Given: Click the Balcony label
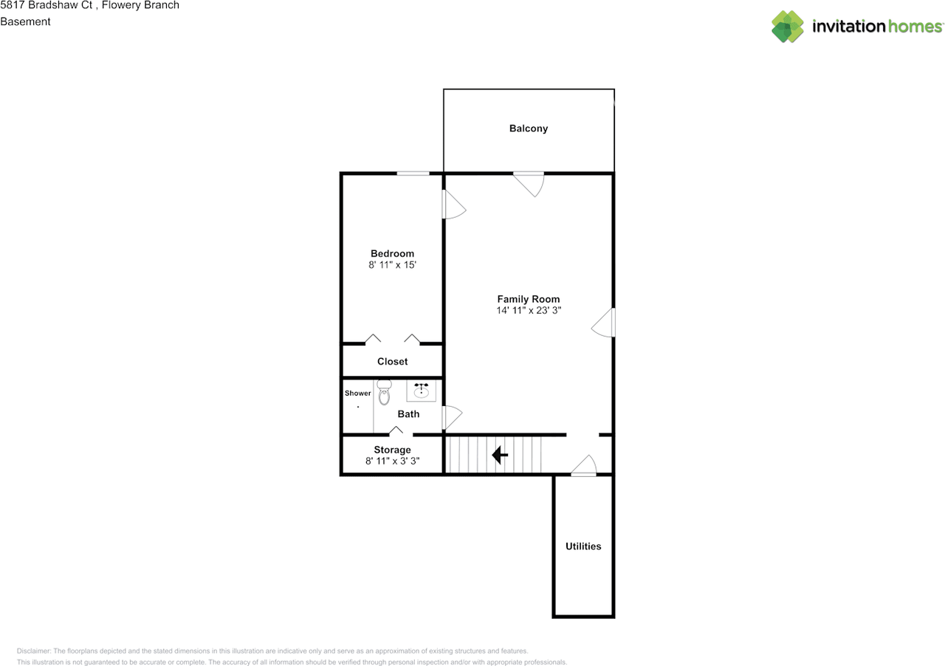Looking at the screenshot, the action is pyautogui.click(x=528, y=128).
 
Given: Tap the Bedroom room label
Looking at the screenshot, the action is pyautogui.click(x=392, y=253).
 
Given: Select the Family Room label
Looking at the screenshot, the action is pyautogui.click(x=528, y=299).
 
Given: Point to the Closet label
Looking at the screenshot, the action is pyautogui.click(x=392, y=361).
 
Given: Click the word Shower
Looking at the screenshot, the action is pyautogui.click(x=358, y=393).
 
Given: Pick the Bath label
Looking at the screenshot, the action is pyautogui.click(x=408, y=413).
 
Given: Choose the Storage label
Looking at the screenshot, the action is pyautogui.click(x=392, y=450).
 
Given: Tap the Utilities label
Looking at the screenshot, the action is pyautogui.click(x=583, y=546).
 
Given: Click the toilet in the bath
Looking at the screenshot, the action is pyautogui.click(x=384, y=392).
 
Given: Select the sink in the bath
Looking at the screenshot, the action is pyautogui.click(x=421, y=391).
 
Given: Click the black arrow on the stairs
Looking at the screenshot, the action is pyautogui.click(x=500, y=455).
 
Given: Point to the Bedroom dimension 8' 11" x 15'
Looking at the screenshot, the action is pyautogui.click(x=392, y=264).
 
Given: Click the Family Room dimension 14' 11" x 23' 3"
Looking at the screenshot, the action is pyautogui.click(x=529, y=310).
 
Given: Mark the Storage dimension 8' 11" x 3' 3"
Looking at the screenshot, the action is pyautogui.click(x=392, y=461).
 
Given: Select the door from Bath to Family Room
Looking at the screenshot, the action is pyautogui.click(x=451, y=417).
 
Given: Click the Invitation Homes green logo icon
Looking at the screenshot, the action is pyautogui.click(x=788, y=27).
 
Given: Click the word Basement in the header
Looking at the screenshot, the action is pyautogui.click(x=25, y=21).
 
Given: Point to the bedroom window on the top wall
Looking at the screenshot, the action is pyautogui.click(x=413, y=173).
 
